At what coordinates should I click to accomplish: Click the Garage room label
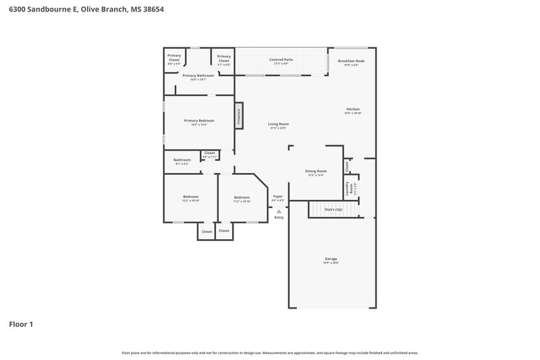331,259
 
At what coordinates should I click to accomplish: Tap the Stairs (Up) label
333,209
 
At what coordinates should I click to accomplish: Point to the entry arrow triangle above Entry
279,211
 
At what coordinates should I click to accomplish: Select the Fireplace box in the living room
238,115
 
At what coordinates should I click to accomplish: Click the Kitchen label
353,109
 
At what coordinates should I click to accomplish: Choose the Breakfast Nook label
350,61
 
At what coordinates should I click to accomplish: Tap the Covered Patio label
281,59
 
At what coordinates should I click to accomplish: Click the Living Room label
278,124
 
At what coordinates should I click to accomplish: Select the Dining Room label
316,172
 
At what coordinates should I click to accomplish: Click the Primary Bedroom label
198,121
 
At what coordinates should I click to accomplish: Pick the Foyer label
278,196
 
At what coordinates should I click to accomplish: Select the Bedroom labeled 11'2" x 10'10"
242,197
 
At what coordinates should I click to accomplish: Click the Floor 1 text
20,324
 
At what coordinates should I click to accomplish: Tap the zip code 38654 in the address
153,10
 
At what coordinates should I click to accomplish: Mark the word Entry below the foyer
279,217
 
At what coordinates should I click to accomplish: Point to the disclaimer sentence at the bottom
269,353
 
